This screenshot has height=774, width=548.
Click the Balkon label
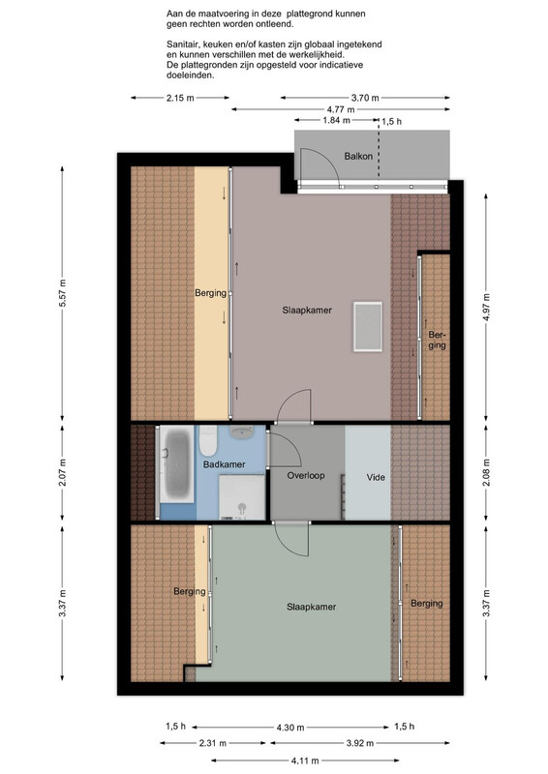[358, 157]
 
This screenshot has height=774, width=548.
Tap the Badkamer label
[225, 464]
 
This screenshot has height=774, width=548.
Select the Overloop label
[306, 476]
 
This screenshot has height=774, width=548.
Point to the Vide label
[376, 477]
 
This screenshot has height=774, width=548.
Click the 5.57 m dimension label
[62, 293]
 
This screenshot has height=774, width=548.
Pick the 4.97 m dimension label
[487, 308]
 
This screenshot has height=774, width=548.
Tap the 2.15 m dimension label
[180, 98]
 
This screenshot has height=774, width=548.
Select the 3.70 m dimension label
[365, 98]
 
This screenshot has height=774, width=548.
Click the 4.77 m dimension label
[341, 109]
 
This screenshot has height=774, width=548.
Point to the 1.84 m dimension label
[337, 120]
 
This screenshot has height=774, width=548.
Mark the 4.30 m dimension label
[290, 728]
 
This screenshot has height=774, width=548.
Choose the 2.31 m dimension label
[213, 743]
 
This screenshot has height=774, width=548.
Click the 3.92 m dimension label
[360, 743]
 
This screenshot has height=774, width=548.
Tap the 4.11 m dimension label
[305, 760]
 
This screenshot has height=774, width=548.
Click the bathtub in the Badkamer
[176, 464]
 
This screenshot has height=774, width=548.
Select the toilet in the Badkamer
[208, 440]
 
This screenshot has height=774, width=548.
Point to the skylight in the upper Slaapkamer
[368, 326]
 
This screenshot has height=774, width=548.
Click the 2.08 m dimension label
[487, 472]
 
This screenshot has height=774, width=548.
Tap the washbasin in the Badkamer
[242, 432]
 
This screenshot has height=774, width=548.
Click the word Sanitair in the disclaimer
[181, 45]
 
